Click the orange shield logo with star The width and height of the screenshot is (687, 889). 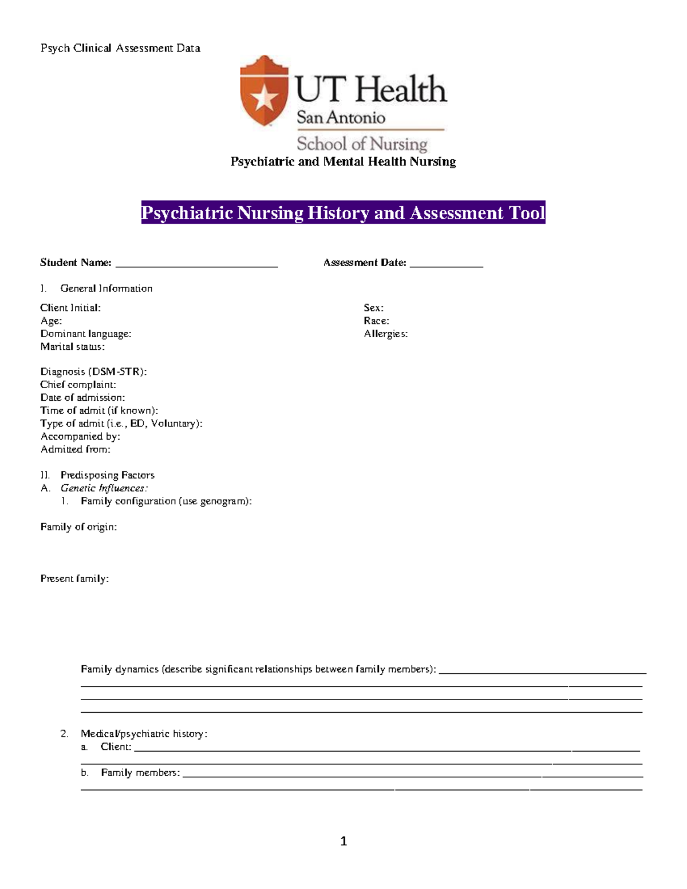[x=264, y=92]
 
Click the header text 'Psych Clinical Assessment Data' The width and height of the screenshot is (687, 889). [x=120, y=48]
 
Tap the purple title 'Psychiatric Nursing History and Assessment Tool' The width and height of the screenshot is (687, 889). [x=343, y=212]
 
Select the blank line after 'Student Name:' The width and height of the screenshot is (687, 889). [x=196, y=264]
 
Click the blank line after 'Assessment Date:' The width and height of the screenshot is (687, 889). [x=446, y=264]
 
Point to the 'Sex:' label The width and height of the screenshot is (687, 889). [x=373, y=308]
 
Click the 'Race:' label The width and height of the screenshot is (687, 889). [x=376, y=321]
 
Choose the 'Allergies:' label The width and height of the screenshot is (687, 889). [x=385, y=334]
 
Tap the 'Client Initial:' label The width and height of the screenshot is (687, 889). [x=70, y=308]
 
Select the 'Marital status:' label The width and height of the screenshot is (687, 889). [x=72, y=346]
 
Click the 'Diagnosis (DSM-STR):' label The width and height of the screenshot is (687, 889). [x=93, y=372]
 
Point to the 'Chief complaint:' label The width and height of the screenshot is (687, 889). [x=78, y=385]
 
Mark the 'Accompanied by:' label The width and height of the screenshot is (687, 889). [x=80, y=436]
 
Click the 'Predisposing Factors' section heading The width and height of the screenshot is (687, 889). [x=107, y=475]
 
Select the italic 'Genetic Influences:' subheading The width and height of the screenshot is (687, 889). [x=104, y=488]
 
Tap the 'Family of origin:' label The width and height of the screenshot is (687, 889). [x=78, y=527]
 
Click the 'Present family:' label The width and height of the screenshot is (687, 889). [x=74, y=578]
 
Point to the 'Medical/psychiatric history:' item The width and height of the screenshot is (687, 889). [x=144, y=733]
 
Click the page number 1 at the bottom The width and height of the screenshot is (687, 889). [x=343, y=841]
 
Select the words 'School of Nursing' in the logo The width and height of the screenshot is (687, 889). [x=362, y=143]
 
